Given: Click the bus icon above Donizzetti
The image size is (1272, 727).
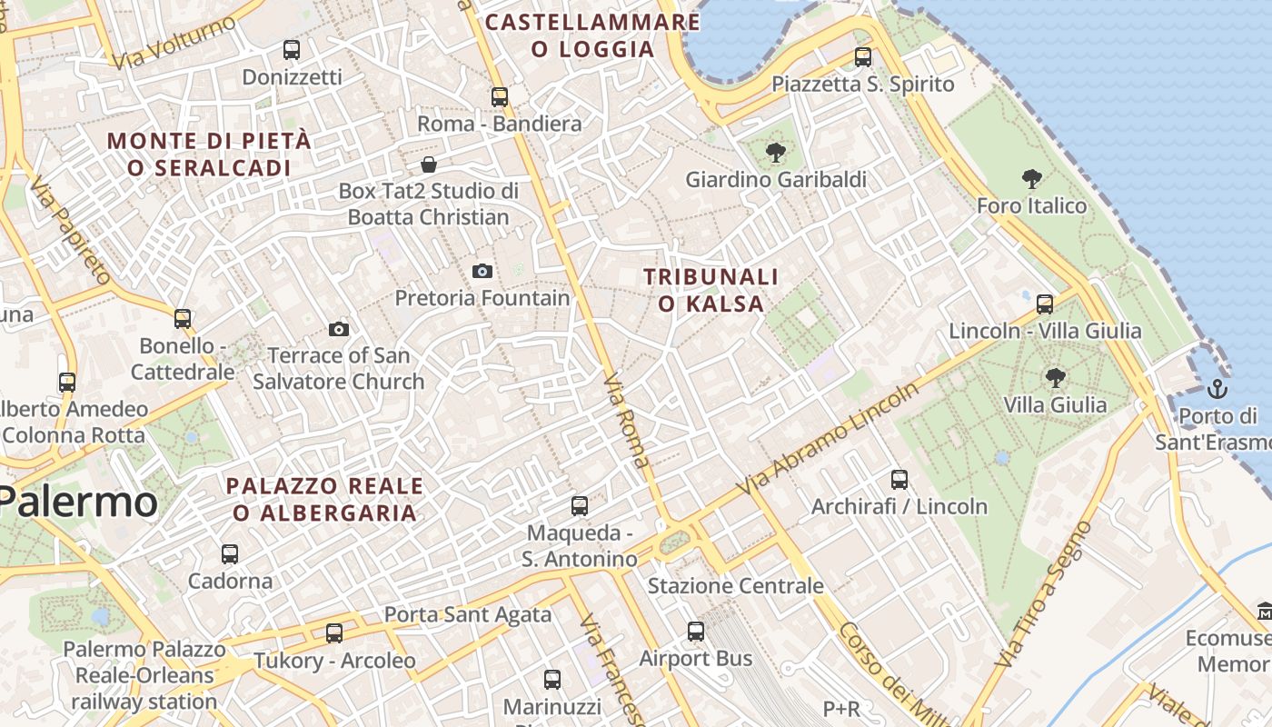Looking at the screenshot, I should tap(292, 50).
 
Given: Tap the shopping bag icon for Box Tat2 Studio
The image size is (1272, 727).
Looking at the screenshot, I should tap(428, 164).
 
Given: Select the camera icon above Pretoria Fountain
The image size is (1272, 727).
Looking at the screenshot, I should tap(482, 271).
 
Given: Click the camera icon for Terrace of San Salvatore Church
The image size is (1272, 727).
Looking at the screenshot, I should tap(339, 329).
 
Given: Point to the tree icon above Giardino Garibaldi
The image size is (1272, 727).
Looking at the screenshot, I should tap(775, 153).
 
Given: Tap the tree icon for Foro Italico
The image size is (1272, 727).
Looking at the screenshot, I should tap(1031, 179).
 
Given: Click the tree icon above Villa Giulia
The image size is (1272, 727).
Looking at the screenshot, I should tap(1055, 377).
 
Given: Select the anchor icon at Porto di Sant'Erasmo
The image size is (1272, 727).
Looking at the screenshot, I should tap(1217, 390).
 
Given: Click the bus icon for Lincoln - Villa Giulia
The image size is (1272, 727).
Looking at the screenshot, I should tap(1045, 304).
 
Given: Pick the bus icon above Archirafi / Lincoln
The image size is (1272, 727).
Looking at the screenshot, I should tap(899, 479).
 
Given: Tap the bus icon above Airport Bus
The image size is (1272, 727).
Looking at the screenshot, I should tap(696, 631).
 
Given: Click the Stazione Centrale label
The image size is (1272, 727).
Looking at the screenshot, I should tap(735, 586).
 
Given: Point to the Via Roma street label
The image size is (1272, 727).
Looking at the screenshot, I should tap(627, 420).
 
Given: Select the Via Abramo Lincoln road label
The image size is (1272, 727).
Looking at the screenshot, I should tap(828, 439).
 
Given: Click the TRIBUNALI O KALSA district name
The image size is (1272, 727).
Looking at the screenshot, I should tap(711, 290).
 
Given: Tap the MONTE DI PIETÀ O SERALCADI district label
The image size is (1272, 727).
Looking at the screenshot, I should tap(209, 154).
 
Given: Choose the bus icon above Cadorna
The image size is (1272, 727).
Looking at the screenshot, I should tap(230, 553).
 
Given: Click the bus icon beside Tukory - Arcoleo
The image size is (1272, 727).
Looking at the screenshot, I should tap(334, 632).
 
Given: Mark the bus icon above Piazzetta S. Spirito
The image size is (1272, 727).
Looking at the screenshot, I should tap(863, 56).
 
